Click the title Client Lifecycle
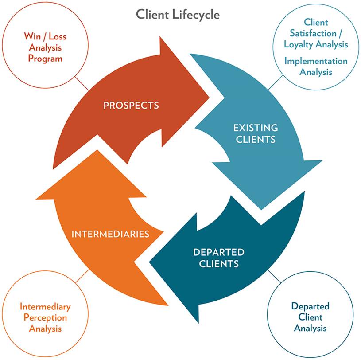(x=178, y=14)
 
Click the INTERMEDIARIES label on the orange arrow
(x=110, y=234)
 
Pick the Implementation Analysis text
(x=315, y=66)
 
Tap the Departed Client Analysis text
(x=310, y=317)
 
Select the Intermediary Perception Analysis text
(x=45, y=317)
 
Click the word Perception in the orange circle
(x=45, y=317)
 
